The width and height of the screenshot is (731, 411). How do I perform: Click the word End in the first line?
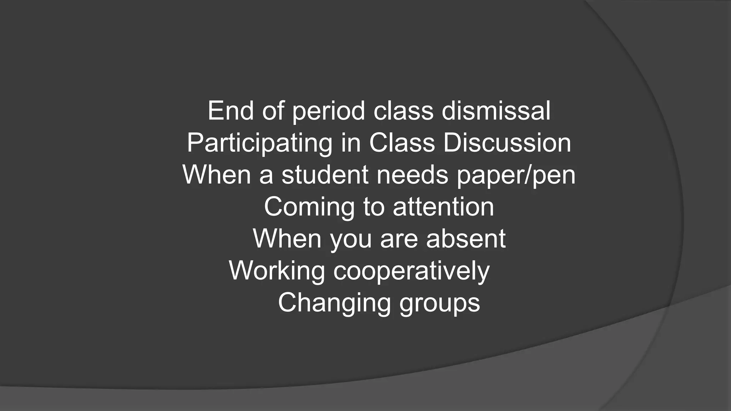pyautogui.click(x=231, y=111)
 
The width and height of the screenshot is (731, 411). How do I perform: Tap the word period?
pyautogui.click(x=328, y=111)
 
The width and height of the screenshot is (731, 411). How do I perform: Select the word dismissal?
pyautogui.click(x=496, y=111)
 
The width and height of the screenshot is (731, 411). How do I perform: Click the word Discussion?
pyautogui.click(x=507, y=143)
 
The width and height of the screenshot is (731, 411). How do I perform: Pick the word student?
pyautogui.click(x=325, y=175)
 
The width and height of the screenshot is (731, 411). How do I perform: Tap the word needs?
pyautogui.click(x=412, y=175)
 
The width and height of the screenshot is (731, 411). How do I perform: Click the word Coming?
pyautogui.click(x=309, y=207)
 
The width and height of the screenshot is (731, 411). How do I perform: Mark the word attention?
pyautogui.click(x=443, y=207)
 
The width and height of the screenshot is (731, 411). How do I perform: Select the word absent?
pyautogui.click(x=465, y=239)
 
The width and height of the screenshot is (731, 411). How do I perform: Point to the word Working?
pyautogui.click(x=277, y=271)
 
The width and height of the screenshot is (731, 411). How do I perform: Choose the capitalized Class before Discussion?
pyautogui.click(x=402, y=143)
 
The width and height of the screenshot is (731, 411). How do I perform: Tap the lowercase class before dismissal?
pyautogui.click(x=403, y=111)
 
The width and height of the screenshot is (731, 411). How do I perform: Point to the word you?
pyautogui.click(x=351, y=239)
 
